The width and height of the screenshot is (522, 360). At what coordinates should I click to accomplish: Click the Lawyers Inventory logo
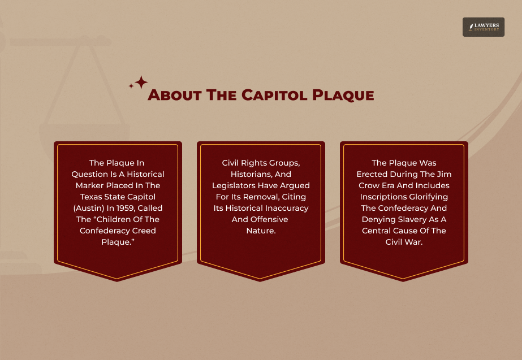[x=483, y=27]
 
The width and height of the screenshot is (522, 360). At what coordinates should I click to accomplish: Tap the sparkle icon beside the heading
[x=139, y=83]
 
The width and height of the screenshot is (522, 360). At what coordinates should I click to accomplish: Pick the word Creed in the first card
[x=145, y=231]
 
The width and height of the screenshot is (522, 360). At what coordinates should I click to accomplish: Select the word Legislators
[x=234, y=185]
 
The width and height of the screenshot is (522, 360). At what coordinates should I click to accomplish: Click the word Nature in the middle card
[x=261, y=231]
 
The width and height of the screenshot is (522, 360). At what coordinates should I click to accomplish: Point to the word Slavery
[x=412, y=219]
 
